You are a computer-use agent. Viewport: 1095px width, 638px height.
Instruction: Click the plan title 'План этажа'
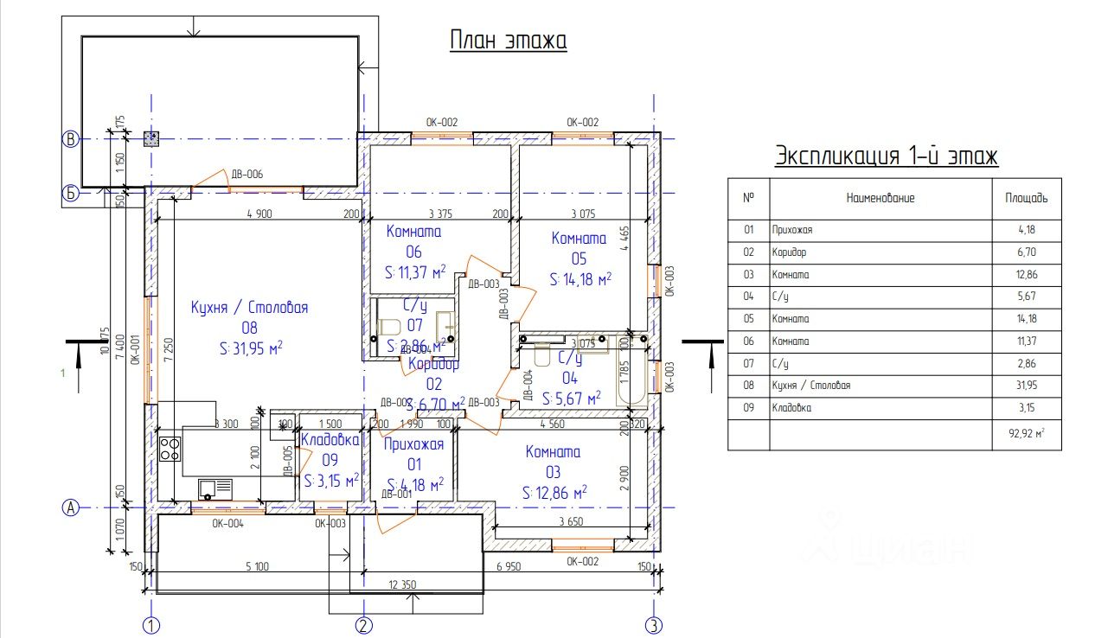click(x=508, y=41)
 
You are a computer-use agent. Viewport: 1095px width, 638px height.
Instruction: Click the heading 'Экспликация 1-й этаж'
click(x=887, y=156)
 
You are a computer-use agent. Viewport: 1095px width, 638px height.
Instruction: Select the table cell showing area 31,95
click(x=1027, y=386)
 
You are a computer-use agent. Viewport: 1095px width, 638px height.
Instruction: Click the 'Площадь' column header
click(x=1027, y=198)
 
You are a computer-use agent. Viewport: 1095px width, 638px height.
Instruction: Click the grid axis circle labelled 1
click(x=152, y=625)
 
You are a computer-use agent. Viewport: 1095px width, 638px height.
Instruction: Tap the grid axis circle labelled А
click(x=70, y=508)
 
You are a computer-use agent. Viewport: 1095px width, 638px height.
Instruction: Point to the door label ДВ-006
click(x=247, y=175)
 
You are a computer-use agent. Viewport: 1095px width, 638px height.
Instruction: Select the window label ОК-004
click(x=228, y=523)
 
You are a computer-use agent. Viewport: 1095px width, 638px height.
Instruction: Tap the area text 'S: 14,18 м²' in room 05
click(x=580, y=279)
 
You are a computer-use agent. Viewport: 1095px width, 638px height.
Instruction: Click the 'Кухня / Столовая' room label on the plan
click(x=249, y=307)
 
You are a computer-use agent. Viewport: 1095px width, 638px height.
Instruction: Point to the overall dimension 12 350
click(x=402, y=585)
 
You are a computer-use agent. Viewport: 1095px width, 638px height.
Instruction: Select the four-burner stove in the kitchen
click(x=170, y=449)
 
